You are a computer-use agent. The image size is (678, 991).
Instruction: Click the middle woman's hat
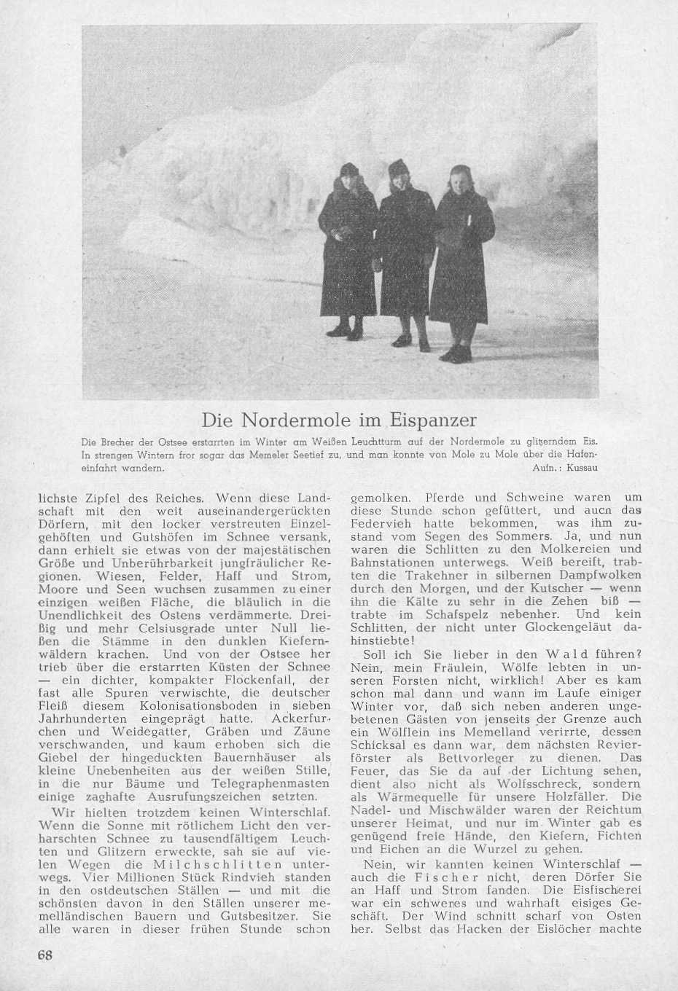coord(398,167)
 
